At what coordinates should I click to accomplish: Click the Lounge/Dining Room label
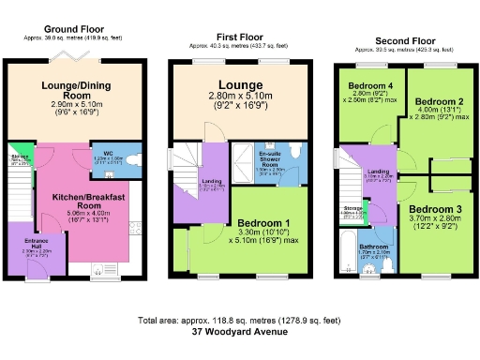click(72, 90)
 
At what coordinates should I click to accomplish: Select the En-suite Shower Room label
click(272, 158)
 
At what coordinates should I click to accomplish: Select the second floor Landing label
click(379, 172)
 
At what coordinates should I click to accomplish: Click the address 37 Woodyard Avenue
click(239, 331)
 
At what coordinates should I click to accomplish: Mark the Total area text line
click(239, 320)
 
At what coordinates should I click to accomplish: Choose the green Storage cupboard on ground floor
click(19, 157)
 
